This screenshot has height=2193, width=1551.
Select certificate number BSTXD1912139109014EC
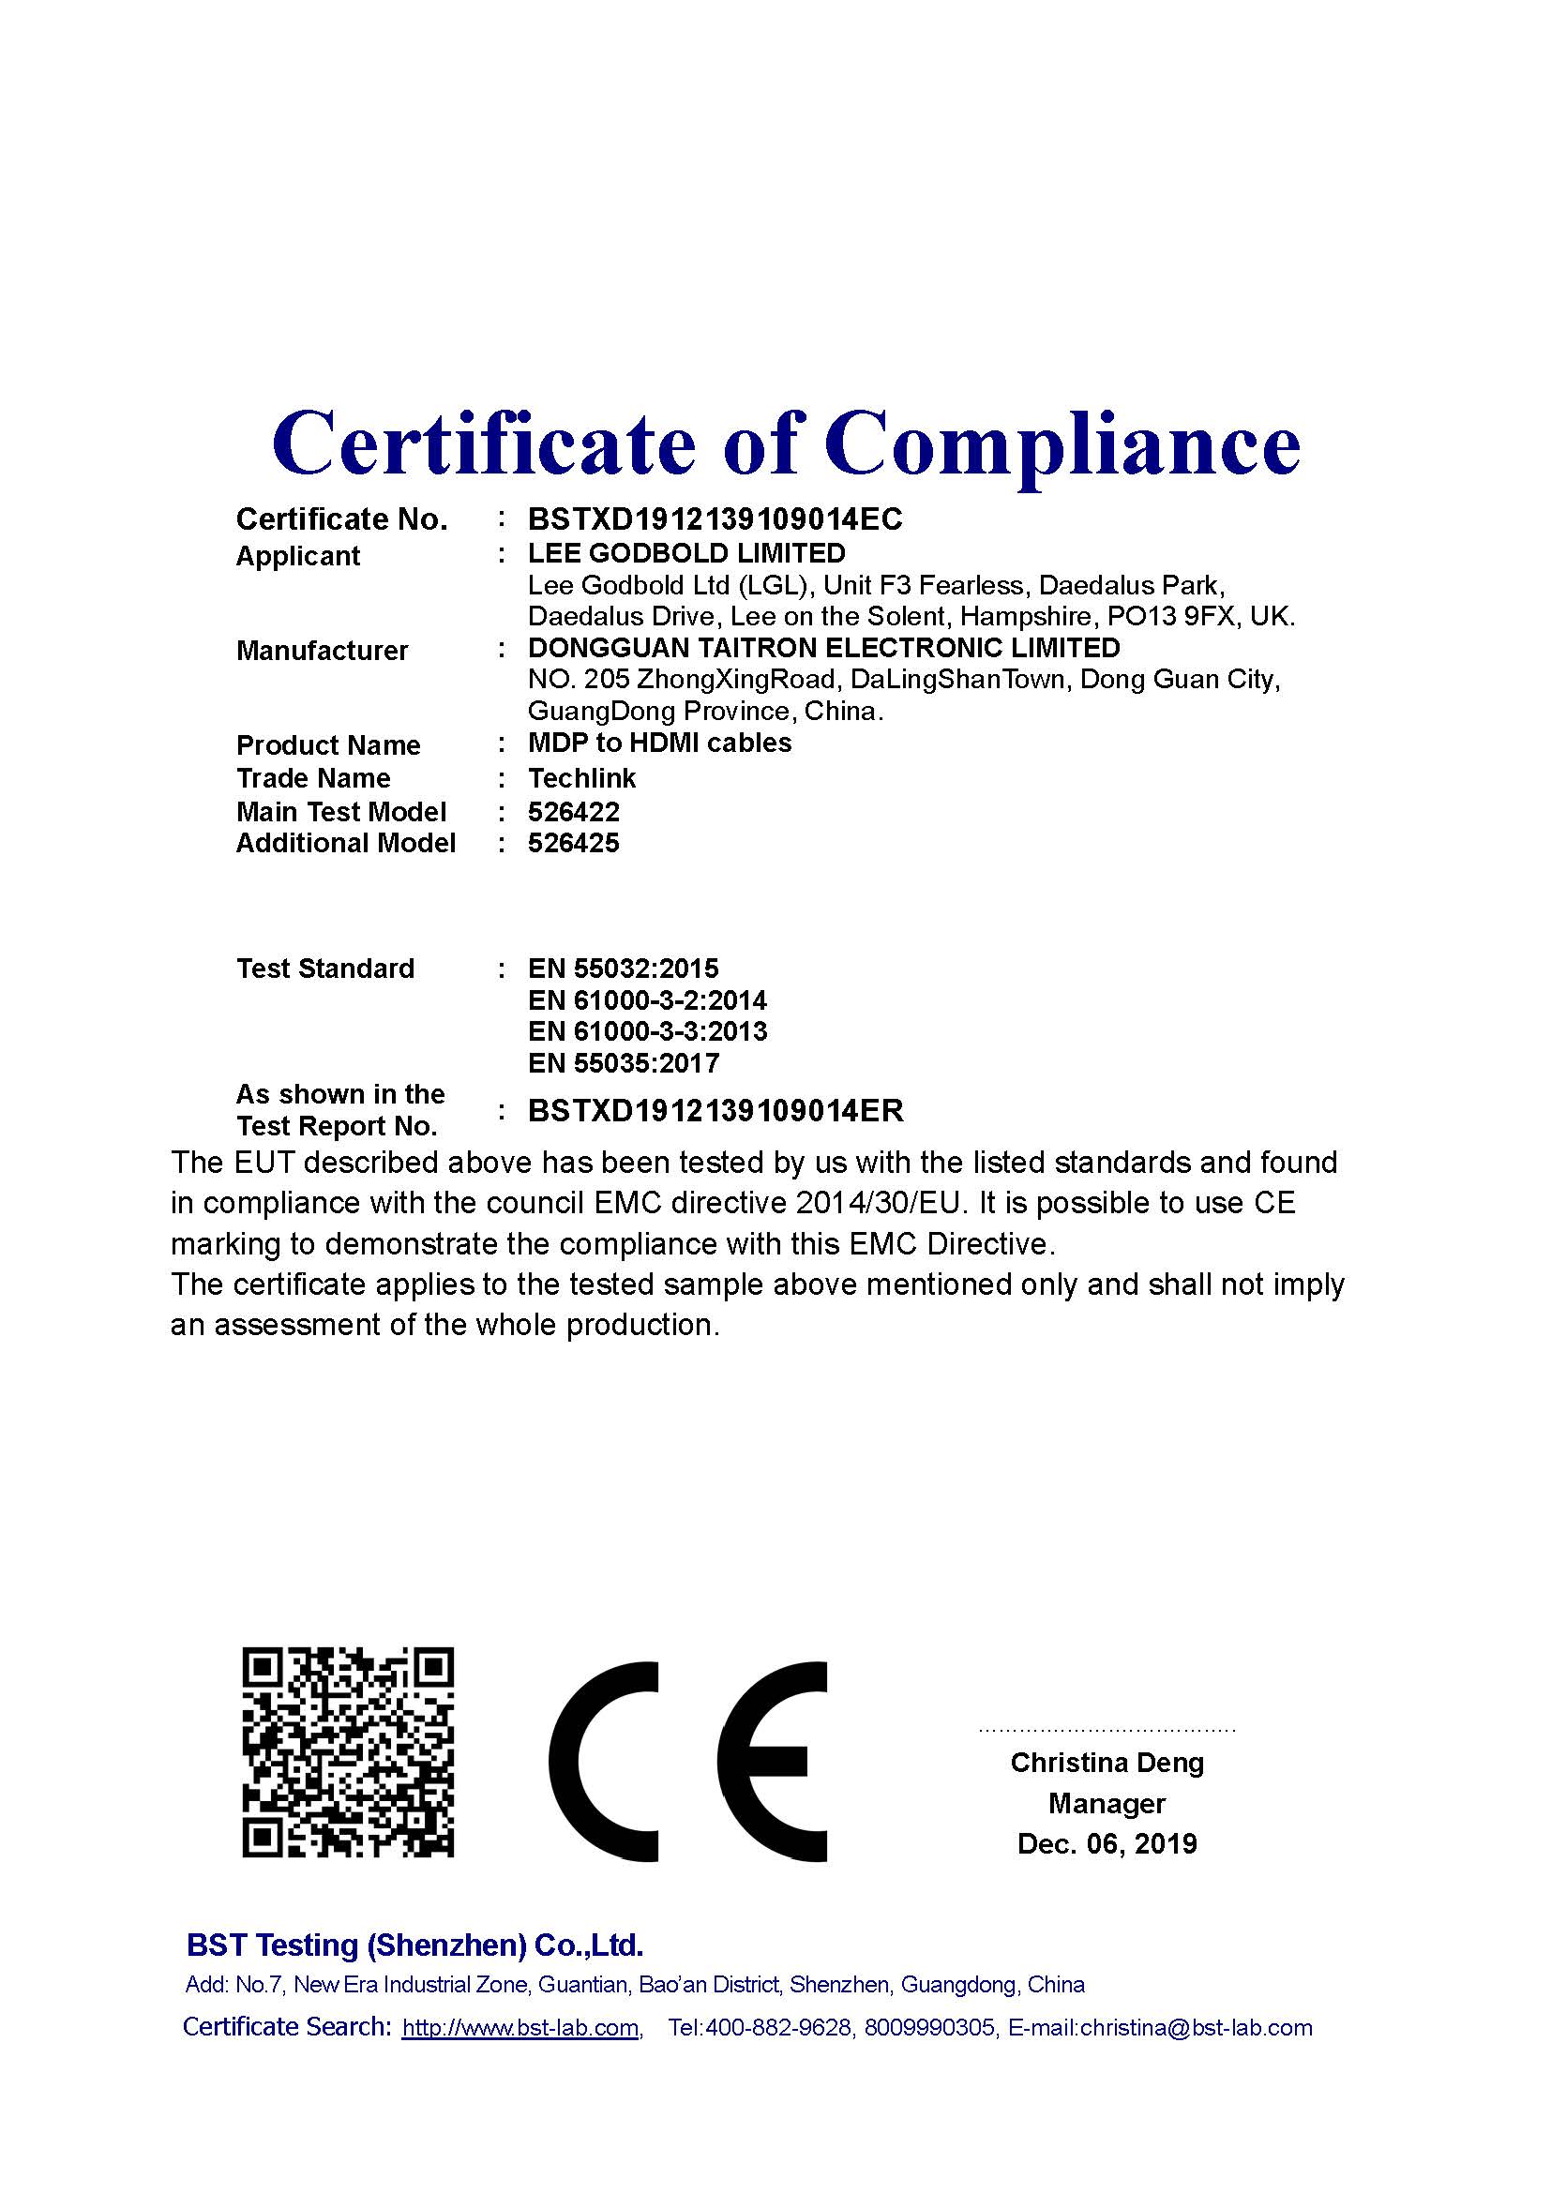(715, 519)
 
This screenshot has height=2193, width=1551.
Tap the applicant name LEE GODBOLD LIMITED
(686, 553)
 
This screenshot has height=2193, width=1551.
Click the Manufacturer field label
(322, 651)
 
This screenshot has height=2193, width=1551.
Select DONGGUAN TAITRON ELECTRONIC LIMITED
(823, 648)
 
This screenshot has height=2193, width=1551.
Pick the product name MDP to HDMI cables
(659, 744)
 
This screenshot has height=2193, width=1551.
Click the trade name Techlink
(581, 778)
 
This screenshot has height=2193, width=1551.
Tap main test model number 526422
(573, 812)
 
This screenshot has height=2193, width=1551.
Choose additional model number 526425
(573, 844)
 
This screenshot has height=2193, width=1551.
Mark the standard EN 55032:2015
(623, 969)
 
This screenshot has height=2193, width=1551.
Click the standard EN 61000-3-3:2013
(647, 1031)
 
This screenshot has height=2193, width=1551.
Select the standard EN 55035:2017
(623, 1063)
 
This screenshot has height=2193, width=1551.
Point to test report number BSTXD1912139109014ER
(715, 1111)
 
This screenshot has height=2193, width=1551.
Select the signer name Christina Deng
(1107, 1763)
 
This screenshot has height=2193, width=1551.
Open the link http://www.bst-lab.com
(520, 2027)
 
